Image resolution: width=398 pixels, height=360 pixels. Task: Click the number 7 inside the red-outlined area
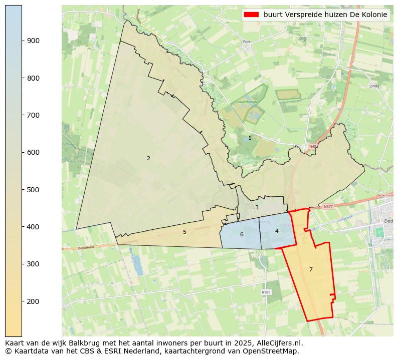click(311, 269)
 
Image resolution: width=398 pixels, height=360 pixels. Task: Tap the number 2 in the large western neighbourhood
click(148, 158)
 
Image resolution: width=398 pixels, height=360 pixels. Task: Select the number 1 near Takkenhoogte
click(250, 138)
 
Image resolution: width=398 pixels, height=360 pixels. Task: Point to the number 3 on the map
click(257, 207)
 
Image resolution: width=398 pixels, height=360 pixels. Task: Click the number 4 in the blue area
click(277, 231)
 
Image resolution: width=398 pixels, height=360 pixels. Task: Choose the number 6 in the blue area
click(242, 234)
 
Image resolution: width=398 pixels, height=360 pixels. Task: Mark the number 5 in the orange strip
click(184, 232)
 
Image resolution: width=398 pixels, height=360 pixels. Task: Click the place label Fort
click(246, 42)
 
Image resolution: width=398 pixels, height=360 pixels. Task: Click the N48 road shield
click(313, 147)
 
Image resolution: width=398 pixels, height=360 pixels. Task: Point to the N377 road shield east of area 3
click(328, 206)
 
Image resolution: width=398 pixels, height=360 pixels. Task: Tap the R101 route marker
click(266, 292)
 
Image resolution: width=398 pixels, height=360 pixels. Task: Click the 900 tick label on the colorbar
click(34, 41)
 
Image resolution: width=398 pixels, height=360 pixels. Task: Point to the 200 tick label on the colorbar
click(34, 301)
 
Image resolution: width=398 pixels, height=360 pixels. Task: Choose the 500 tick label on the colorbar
click(34, 190)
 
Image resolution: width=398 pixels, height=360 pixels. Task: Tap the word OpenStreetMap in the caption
click(273, 351)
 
